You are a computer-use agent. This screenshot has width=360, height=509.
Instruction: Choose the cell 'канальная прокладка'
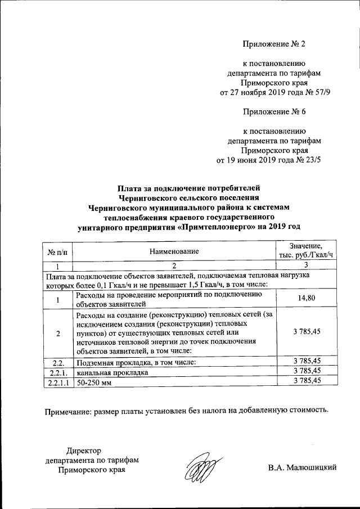point(112,372)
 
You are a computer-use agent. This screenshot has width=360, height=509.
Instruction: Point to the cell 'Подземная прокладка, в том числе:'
point(136,362)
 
